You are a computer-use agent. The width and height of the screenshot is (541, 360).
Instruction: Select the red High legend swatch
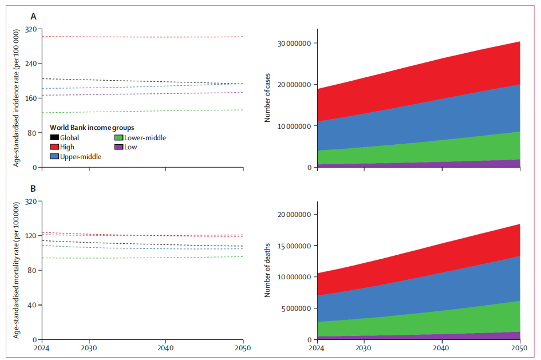point(54,147)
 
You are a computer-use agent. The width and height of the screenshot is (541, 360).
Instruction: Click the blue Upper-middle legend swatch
point(54,156)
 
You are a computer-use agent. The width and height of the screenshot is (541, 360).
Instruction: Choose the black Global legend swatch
point(54,137)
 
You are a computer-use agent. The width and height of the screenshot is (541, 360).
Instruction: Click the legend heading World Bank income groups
point(92,128)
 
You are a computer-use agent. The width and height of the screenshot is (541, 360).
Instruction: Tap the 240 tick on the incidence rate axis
point(30,64)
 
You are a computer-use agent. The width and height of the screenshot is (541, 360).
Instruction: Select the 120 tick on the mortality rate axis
point(30,235)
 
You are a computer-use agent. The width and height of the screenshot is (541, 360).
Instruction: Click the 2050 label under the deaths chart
point(520,347)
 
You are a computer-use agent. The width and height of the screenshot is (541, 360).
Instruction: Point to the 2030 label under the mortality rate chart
point(89,347)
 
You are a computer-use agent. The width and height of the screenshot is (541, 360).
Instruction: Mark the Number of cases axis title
point(267,99)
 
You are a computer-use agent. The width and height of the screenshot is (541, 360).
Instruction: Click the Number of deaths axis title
point(267,270)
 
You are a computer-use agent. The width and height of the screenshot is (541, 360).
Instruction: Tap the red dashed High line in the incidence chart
point(143,37)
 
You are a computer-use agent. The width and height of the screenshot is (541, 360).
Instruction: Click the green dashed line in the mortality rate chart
point(143,258)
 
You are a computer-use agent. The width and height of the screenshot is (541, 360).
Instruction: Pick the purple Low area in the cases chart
point(504,164)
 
